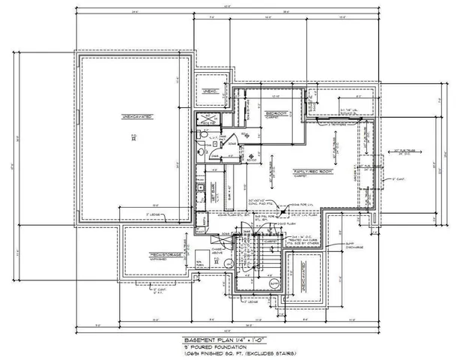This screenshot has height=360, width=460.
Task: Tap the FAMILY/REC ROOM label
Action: click(310, 172)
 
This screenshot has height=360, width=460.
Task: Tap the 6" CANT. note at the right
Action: click(397, 180)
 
